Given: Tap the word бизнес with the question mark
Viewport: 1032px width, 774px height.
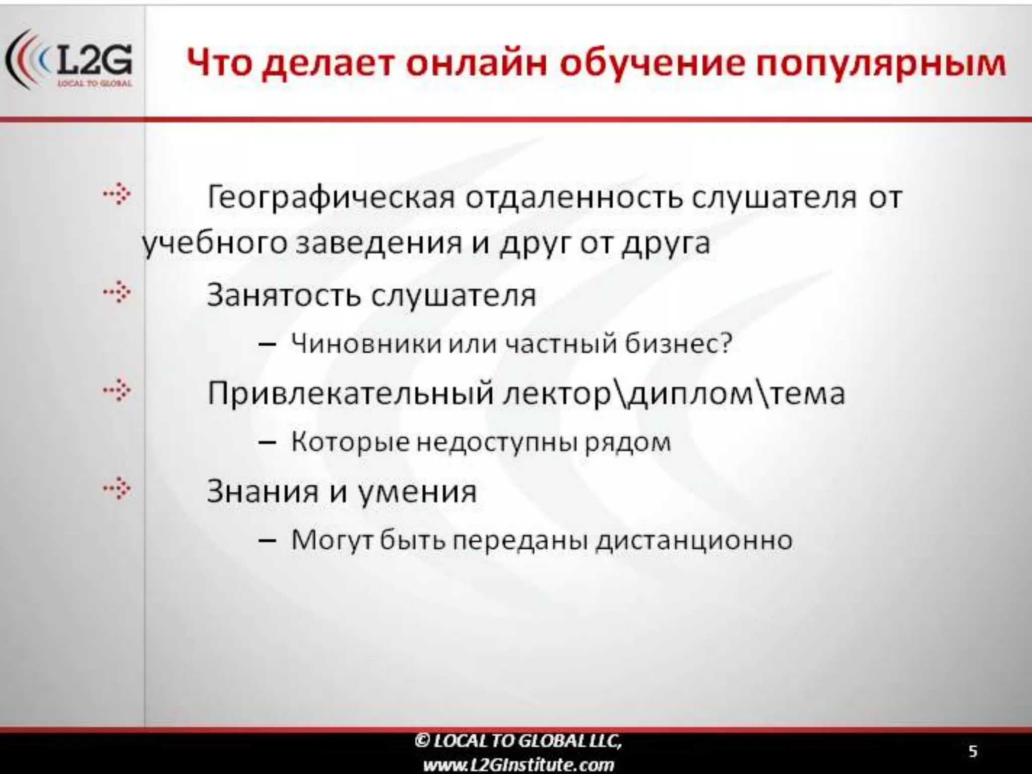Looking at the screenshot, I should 678,344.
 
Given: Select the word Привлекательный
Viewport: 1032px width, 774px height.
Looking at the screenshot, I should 350,393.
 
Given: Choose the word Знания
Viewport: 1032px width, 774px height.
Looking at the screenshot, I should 263,491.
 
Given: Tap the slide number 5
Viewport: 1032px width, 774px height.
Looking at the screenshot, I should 973,751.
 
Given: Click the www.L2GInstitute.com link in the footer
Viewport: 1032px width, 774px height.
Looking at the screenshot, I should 519,765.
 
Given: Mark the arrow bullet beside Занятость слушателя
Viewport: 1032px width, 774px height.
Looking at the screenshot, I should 117,292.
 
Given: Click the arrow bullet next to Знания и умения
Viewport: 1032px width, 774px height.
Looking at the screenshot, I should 117,488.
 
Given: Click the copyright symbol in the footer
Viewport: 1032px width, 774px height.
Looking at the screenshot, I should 422,740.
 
